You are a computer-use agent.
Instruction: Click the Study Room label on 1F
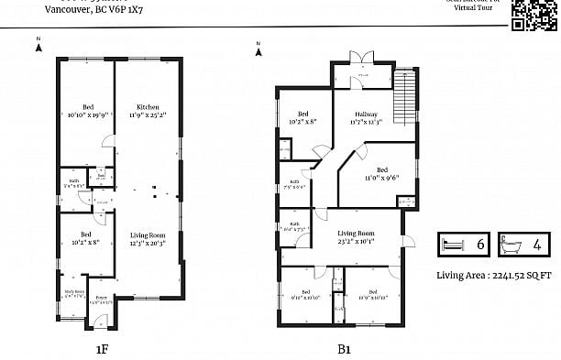73,293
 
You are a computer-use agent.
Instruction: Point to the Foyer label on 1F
101,299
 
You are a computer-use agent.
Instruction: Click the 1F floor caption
103,348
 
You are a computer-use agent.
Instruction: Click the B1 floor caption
345,348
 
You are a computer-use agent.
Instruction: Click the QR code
533,15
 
